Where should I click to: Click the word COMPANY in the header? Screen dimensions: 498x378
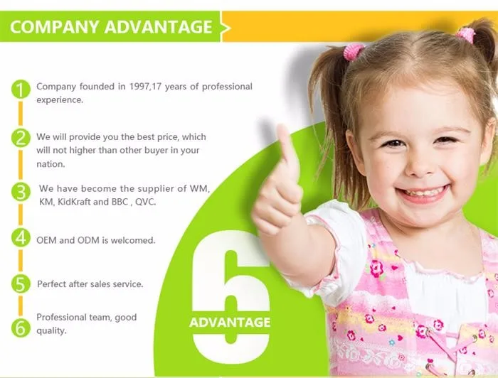coord(54,26)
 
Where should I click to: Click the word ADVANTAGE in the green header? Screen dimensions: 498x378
coord(158,26)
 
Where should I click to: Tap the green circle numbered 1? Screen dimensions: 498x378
coord(21,90)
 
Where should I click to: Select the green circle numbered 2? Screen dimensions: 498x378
coord(21,139)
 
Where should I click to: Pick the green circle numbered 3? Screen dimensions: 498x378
coord(21,192)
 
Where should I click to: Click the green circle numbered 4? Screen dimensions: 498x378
coord(21,237)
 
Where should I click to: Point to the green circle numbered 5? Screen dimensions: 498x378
coord(21,283)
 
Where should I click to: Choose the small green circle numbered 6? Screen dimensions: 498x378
coord(21,328)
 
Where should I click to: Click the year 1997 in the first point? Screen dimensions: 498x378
coord(139,87)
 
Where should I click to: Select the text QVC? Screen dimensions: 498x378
coord(145,202)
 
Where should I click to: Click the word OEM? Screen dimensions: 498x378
coord(46,240)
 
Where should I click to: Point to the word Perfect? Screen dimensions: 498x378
coord(51,283)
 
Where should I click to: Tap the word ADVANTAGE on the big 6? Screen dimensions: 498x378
coord(230,323)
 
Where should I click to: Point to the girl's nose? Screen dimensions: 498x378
coord(419,166)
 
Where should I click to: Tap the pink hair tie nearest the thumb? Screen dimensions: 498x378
coord(354,52)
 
